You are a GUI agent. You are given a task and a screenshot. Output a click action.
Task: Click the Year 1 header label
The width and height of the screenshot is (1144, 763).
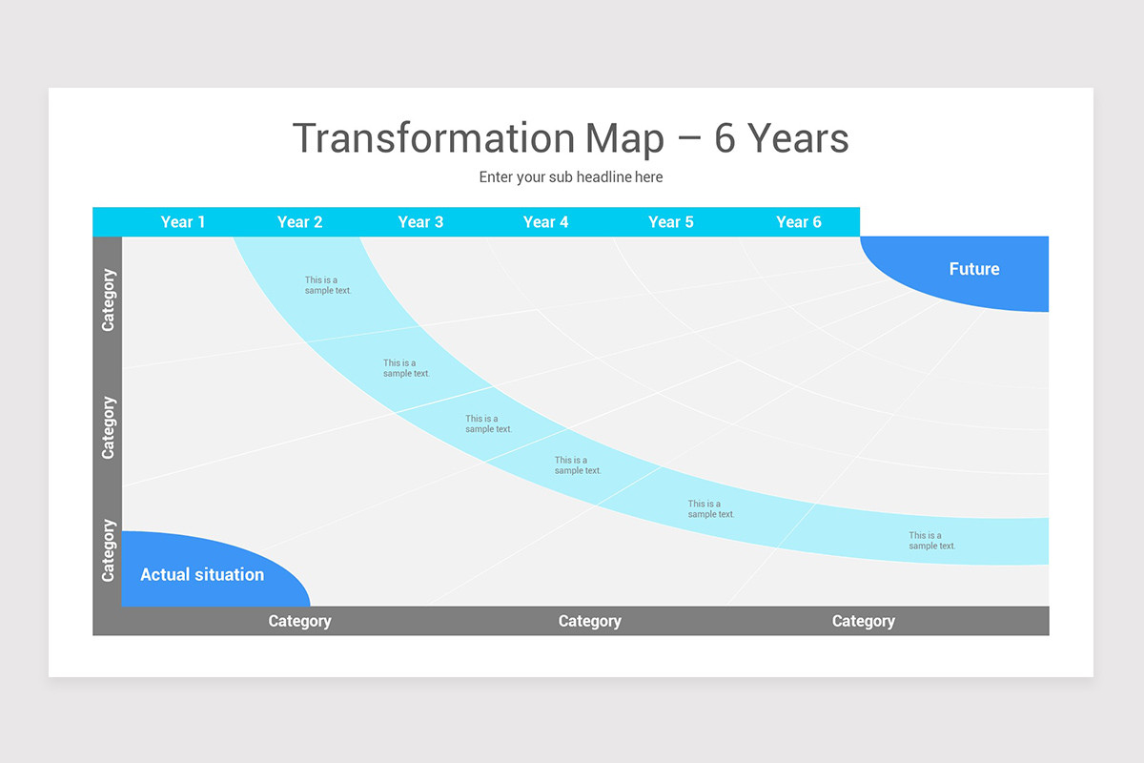click(183, 222)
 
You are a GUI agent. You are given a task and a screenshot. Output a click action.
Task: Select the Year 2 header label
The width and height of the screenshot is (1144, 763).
click(299, 222)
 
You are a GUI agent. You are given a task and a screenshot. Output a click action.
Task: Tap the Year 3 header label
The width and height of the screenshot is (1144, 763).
click(420, 222)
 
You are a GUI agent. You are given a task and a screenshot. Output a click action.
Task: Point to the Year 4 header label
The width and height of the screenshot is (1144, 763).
click(545, 222)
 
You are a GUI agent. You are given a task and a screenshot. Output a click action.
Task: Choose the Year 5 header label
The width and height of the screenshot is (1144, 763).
click(670, 222)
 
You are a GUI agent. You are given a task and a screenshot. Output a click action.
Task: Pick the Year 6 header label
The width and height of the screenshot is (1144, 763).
click(799, 222)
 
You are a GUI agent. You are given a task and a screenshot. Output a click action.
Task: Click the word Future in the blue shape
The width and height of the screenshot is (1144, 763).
click(974, 269)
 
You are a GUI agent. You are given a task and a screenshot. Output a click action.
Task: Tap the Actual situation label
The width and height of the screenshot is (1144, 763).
click(202, 574)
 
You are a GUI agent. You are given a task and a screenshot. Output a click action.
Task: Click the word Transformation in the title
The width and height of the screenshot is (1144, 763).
click(434, 138)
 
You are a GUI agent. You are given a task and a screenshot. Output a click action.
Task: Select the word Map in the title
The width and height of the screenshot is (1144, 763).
click(624, 139)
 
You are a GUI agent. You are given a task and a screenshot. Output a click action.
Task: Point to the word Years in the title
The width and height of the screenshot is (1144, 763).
click(798, 138)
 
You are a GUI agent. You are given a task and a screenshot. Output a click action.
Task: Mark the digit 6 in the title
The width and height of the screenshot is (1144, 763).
click(725, 138)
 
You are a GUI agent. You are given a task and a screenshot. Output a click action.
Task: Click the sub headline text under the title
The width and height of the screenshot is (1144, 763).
click(571, 176)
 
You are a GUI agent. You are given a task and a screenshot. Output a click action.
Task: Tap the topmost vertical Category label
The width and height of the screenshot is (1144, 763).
click(109, 300)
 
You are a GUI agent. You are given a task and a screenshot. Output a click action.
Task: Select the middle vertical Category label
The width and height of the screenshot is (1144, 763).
click(109, 427)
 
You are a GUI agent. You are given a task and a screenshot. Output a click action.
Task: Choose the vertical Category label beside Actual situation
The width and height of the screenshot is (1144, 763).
click(109, 550)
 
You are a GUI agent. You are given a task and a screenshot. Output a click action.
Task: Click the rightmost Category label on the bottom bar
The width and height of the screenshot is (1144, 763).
click(864, 622)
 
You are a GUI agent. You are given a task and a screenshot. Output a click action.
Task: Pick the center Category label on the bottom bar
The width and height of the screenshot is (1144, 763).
click(590, 622)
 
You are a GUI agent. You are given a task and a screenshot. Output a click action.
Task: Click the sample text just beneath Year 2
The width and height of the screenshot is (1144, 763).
click(328, 285)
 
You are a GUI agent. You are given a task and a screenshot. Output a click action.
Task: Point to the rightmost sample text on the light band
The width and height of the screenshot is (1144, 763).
click(931, 541)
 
